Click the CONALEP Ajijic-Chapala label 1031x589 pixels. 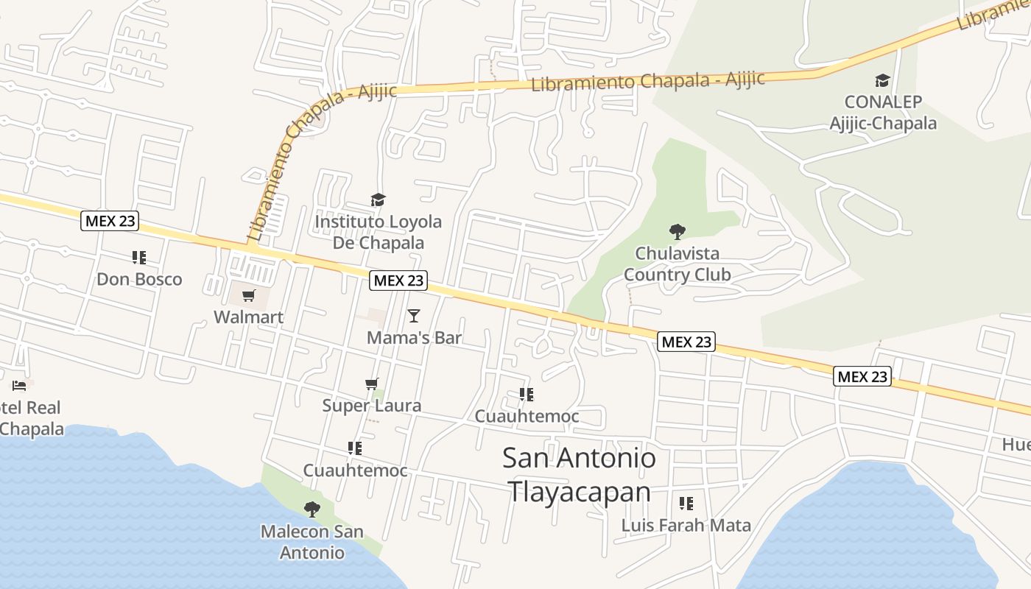(x=883, y=112)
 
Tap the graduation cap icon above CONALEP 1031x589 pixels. (x=882, y=80)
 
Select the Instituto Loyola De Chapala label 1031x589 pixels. (x=379, y=232)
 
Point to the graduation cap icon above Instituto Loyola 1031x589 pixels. (x=378, y=200)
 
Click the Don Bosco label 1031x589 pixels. (x=139, y=280)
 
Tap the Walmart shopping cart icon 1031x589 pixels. (x=248, y=296)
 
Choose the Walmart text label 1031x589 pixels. (x=248, y=317)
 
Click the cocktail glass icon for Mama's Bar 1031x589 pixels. (x=414, y=316)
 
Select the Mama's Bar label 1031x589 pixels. (x=414, y=338)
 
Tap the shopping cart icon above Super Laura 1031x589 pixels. (x=372, y=384)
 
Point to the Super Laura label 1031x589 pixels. (x=372, y=406)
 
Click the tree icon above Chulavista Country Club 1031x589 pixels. (x=677, y=232)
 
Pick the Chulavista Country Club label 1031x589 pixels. (x=677, y=264)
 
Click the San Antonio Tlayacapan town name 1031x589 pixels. (x=579, y=475)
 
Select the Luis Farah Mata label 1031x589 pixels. (x=686, y=526)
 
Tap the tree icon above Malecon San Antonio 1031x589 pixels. (x=312, y=509)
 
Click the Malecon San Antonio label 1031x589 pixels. (x=312, y=542)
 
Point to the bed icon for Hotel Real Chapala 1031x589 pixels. (x=19, y=385)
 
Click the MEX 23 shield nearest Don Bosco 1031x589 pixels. (x=110, y=221)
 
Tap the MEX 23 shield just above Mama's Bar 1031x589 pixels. (x=398, y=281)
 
